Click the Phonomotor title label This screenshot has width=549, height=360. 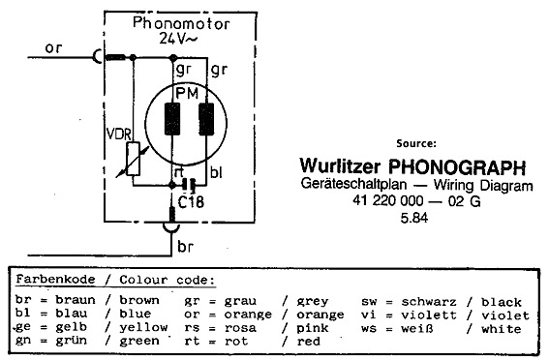(x=181, y=23)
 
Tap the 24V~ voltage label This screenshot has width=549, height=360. (x=177, y=39)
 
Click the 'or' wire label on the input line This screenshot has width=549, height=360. (x=53, y=48)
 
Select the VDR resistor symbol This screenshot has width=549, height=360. (x=133, y=159)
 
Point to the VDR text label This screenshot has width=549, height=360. (x=119, y=135)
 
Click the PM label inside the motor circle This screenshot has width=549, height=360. (x=187, y=94)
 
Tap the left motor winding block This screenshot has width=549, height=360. (x=172, y=119)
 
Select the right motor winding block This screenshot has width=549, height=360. (x=206, y=119)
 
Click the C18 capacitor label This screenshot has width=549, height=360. (x=191, y=202)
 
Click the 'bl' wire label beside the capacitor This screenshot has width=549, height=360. (x=216, y=172)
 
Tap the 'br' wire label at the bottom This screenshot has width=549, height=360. (x=185, y=247)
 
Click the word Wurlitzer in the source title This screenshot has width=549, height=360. (x=340, y=165)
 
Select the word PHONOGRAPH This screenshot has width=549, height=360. (x=457, y=167)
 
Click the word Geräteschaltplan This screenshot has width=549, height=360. (x=353, y=184)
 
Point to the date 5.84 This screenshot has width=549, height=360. (x=414, y=218)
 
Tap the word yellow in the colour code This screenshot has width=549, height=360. (x=143, y=327)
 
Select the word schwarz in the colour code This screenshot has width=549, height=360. (x=429, y=302)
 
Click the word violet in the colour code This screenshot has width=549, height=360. (x=505, y=315)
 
